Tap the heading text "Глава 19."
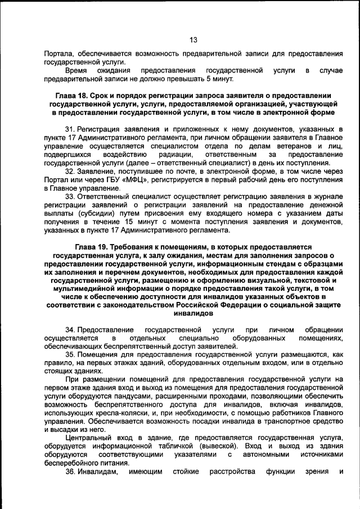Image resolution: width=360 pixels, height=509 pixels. pyautogui.click(x=93, y=246)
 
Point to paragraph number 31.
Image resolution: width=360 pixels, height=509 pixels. pyautogui.click(x=70, y=129)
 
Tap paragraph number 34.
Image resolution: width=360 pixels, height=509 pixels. pyautogui.click(x=70, y=329)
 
